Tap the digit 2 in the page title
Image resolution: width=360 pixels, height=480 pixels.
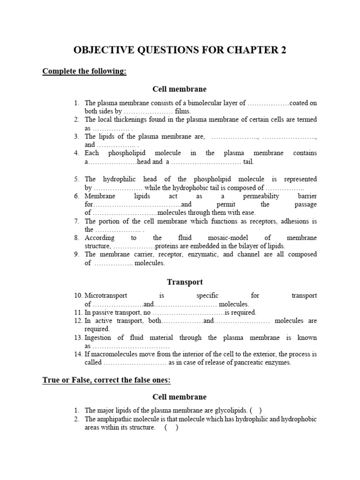pos(284,51)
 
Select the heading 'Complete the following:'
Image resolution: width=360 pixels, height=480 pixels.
pos(84,71)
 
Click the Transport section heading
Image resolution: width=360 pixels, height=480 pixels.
pos(185,282)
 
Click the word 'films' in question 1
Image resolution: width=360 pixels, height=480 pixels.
pos(183,111)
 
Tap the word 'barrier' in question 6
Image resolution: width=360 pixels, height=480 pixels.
pos(307,196)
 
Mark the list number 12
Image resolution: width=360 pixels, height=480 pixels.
pos(78,321)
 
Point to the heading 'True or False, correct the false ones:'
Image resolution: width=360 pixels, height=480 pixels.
pos(106,380)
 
